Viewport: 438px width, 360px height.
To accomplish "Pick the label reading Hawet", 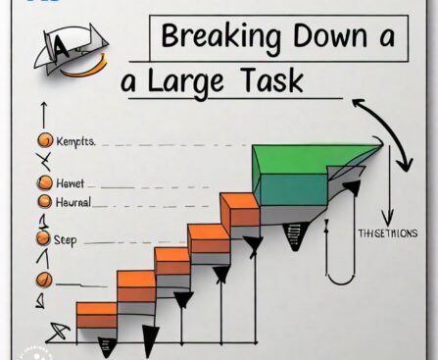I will tap(72, 182).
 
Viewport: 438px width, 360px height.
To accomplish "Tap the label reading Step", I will tap(68, 238).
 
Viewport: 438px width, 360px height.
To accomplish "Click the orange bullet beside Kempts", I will tap(42, 142).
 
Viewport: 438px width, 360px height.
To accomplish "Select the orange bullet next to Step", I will tap(42, 238).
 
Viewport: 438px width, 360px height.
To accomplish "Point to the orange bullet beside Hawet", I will tap(42, 182).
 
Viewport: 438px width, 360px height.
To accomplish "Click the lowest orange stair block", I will tap(96, 315).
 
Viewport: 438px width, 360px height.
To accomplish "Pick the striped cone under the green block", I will tap(296, 235).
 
